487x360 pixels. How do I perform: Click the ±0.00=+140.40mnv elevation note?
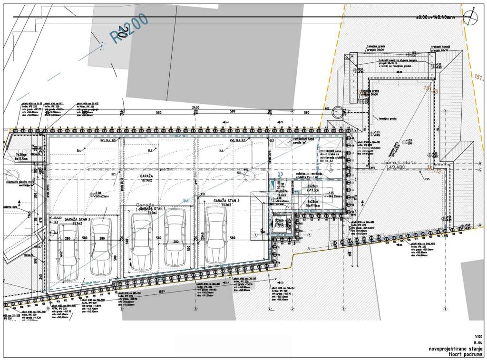click(x=435, y=17)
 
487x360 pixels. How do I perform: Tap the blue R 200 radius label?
click(x=129, y=29)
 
